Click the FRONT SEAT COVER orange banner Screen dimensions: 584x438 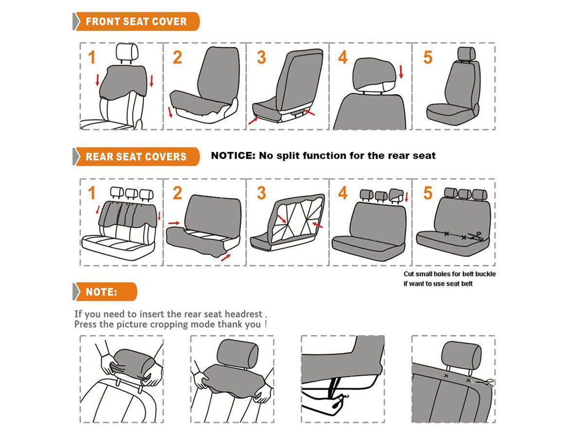136,21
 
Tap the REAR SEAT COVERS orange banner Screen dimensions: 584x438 136,157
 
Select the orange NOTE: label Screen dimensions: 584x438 105,292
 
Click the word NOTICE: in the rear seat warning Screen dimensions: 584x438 233,156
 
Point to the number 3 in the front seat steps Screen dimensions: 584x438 261,57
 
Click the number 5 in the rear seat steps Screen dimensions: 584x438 428,193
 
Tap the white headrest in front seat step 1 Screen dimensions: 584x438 127,53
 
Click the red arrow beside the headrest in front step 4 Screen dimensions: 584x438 401,72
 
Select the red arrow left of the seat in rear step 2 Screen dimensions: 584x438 174,223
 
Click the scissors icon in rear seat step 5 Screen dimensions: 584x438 475,236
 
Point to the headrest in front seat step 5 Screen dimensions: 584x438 466,54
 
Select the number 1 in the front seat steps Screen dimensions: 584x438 91,57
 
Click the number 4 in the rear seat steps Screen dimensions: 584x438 343,193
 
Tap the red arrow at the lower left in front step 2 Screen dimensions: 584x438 170,112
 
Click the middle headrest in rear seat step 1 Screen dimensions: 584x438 131,194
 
